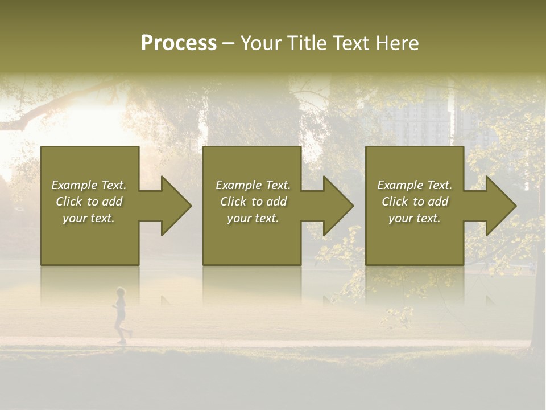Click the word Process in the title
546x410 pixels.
(179, 43)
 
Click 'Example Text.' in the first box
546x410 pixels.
(89, 185)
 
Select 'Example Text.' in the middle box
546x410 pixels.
(253, 185)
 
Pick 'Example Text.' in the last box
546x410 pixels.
(415, 185)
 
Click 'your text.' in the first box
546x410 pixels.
(89, 218)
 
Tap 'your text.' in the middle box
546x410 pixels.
(253, 218)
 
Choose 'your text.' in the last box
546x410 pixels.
(415, 218)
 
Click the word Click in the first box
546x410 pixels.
(69, 202)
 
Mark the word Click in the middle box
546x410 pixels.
(233, 202)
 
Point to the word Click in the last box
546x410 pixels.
(395, 202)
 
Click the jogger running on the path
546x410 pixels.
(121, 316)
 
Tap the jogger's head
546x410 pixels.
(120, 292)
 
